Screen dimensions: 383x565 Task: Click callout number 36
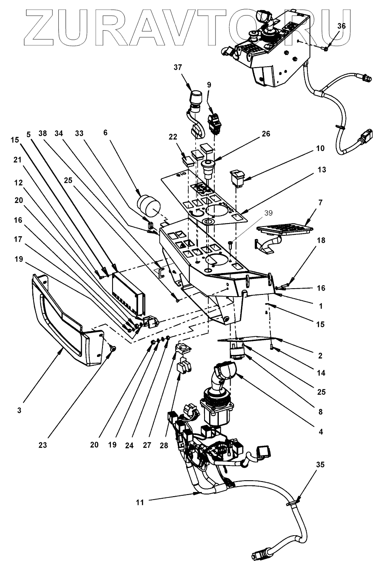click(341, 26)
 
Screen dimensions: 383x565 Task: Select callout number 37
click(178, 68)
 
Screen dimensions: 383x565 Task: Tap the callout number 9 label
click(209, 85)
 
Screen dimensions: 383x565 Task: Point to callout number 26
click(266, 134)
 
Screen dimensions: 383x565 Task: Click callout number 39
click(268, 213)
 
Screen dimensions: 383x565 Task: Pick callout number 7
click(320, 203)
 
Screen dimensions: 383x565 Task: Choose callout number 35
click(320, 464)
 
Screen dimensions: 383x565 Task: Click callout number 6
click(105, 133)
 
